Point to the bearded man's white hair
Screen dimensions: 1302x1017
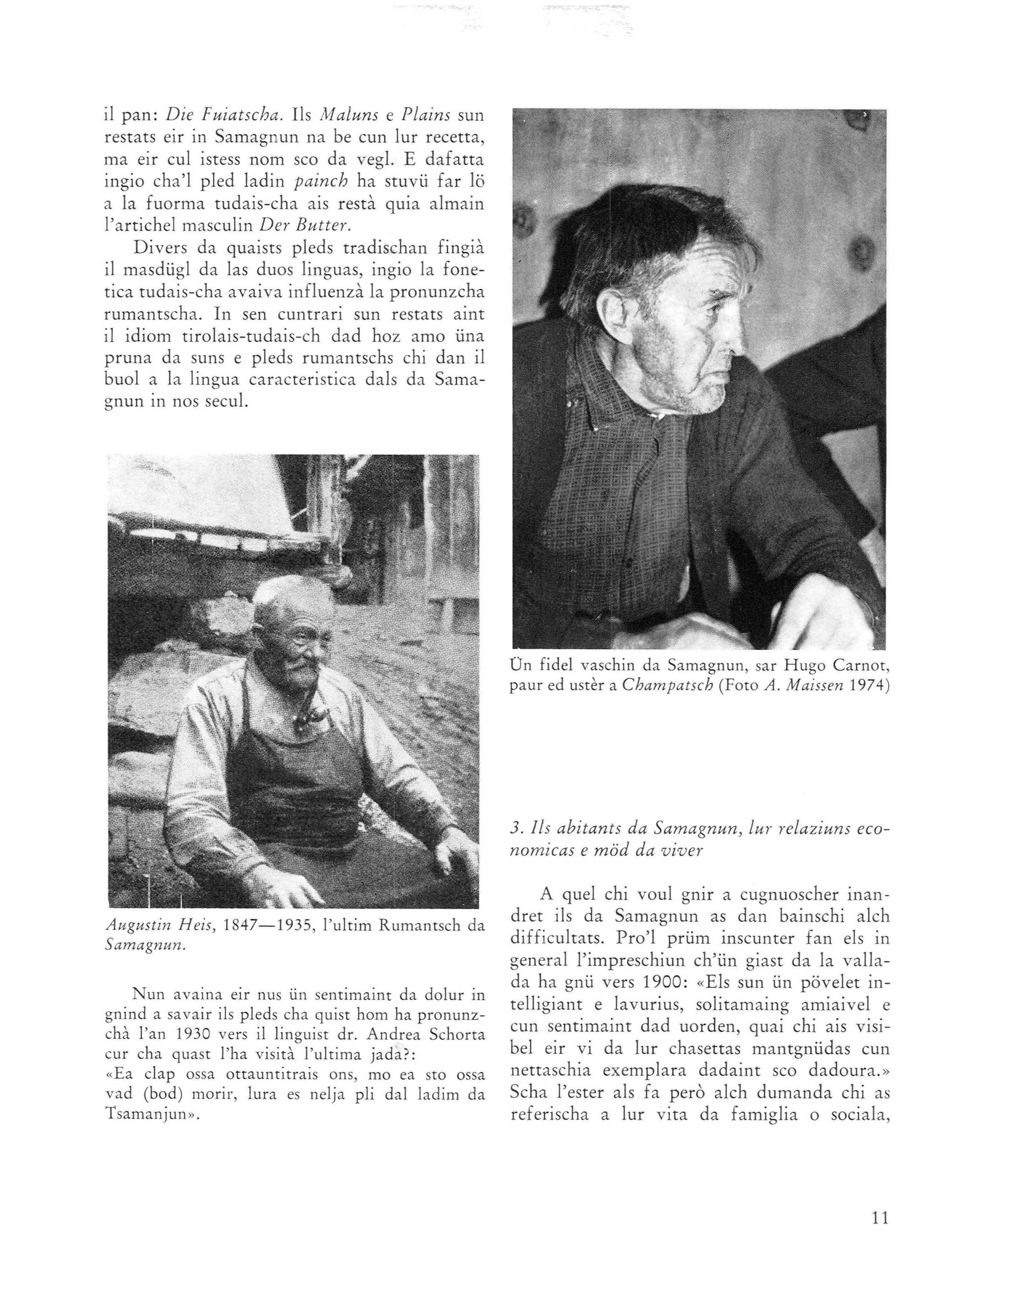click(286, 596)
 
